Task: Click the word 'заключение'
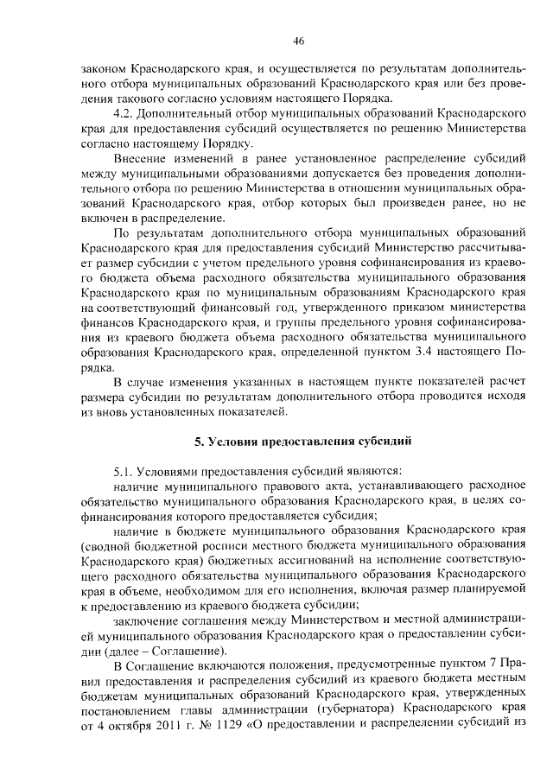point(144,621)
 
